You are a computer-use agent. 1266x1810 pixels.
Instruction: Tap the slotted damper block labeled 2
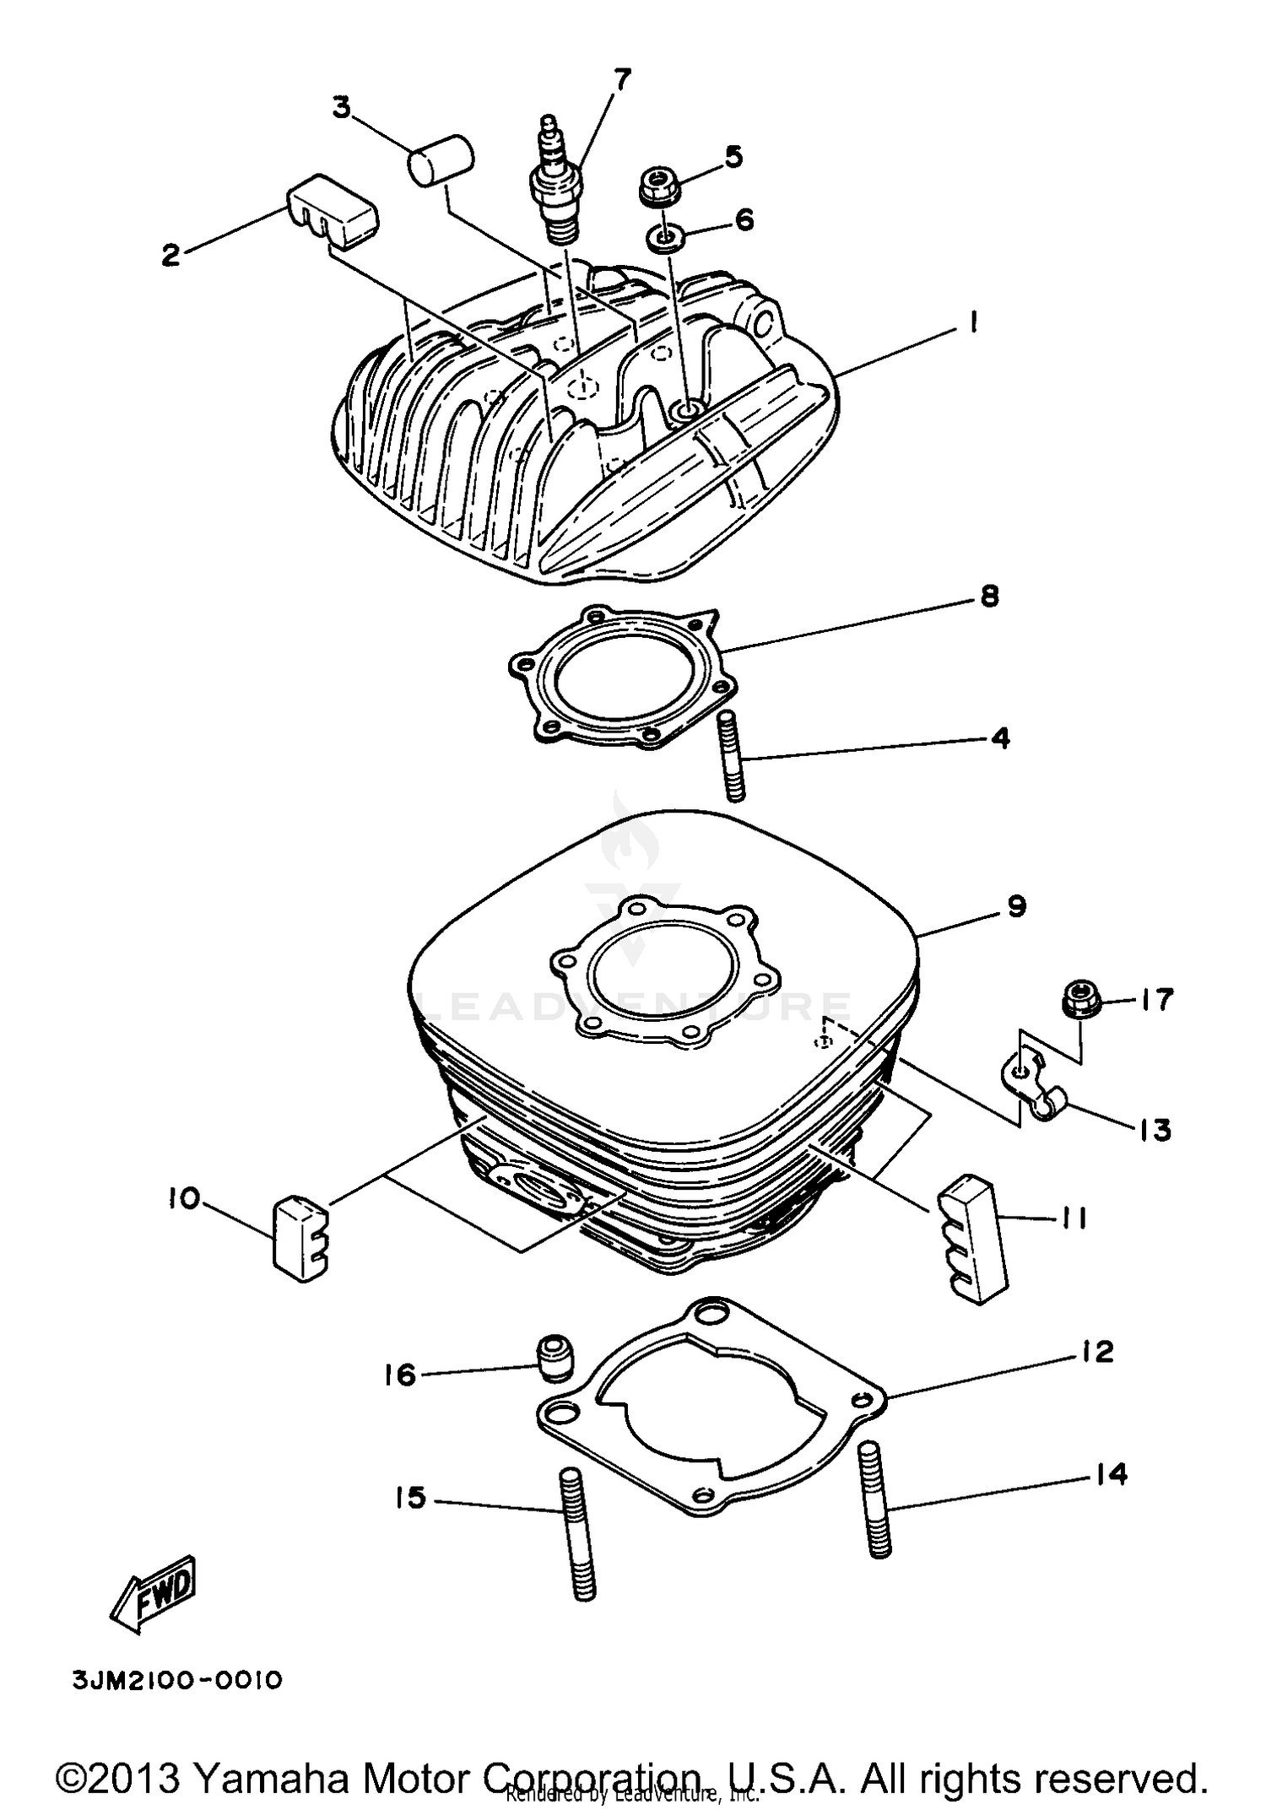pyautogui.click(x=332, y=211)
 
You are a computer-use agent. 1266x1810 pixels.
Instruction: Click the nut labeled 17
pyautogui.click(x=1080, y=1002)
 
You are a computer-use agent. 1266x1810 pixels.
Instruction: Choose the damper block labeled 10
pyautogui.click(x=300, y=1240)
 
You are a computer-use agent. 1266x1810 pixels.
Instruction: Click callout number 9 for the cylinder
pyautogui.click(x=1016, y=906)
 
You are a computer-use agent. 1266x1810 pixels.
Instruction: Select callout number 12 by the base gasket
pyautogui.click(x=1096, y=1352)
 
